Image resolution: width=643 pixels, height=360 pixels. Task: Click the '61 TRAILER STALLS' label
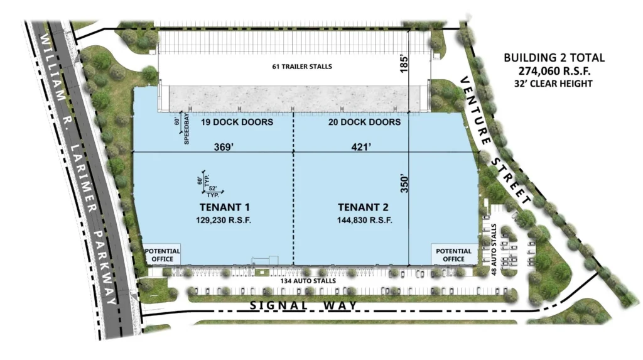pyautogui.click(x=302, y=67)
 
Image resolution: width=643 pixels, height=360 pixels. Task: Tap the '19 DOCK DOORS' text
pyautogui.click(x=237, y=122)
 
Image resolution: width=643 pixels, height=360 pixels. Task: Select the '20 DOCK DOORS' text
pyautogui.click(x=365, y=122)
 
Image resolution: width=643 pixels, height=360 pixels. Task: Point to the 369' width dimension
pyautogui.click(x=224, y=147)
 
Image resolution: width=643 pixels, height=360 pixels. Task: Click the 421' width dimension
pyautogui.click(x=361, y=147)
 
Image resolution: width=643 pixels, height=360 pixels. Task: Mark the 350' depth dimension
pyautogui.click(x=404, y=184)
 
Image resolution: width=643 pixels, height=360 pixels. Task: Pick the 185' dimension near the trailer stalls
pyautogui.click(x=404, y=65)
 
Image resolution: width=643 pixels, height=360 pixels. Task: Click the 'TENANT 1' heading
pyautogui.click(x=224, y=207)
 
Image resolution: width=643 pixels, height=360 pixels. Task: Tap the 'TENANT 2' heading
pyautogui.click(x=364, y=207)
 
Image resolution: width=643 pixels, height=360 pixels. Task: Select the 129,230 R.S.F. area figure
pyautogui.click(x=224, y=220)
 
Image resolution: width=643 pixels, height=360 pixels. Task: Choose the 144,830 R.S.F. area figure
pyautogui.click(x=365, y=220)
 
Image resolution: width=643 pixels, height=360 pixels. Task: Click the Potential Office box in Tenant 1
pyautogui.click(x=163, y=254)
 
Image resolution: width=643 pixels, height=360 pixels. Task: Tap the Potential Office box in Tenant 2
pyautogui.click(x=454, y=254)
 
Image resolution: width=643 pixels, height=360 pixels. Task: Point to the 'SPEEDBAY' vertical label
pyautogui.click(x=186, y=129)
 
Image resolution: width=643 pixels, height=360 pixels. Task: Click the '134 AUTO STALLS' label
pyautogui.click(x=308, y=281)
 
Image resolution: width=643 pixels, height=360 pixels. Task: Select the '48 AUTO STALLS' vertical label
pyautogui.click(x=494, y=249)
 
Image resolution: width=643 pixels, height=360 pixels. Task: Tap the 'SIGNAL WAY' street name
pyautogui.click(x=303, y=305)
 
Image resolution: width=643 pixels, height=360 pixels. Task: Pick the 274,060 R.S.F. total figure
pyautogui.click(x=554, y=71)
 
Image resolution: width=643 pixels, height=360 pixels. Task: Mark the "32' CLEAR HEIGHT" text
pyautogui.click(x=553, y=84)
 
